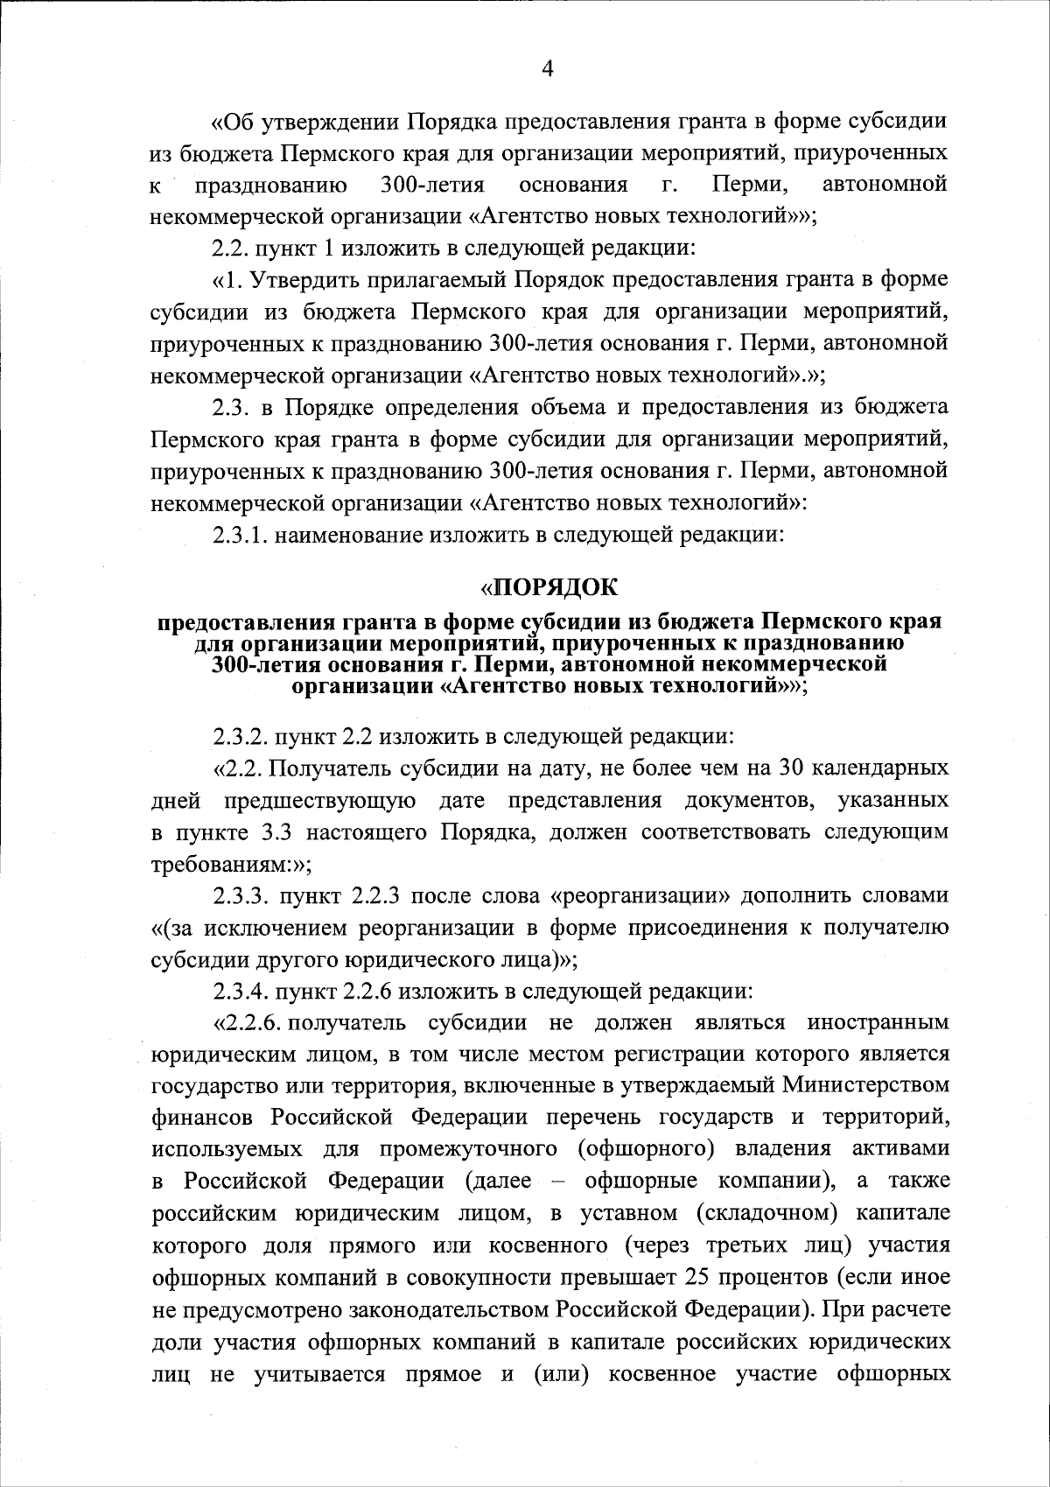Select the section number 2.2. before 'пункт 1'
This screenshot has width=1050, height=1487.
click(x=232, y=248)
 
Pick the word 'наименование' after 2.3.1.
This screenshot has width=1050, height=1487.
click(x=347, y=535)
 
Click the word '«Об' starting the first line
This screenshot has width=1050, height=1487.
click(x=234, y=120)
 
